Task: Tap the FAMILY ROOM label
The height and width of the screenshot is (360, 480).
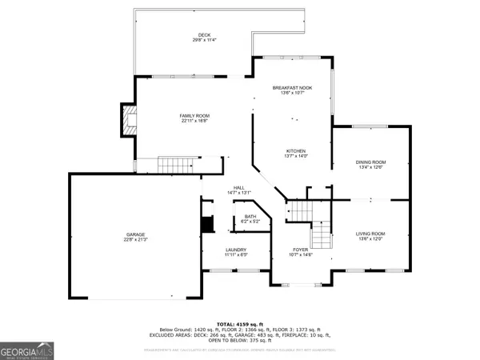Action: point(194,116)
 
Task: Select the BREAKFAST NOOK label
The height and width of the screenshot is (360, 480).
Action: point(292,87)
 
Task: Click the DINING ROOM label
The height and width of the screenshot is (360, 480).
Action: point(370,162)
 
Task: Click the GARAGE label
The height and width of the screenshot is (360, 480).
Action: point(134,234)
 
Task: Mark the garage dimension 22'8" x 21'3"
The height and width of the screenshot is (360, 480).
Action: point(134,240)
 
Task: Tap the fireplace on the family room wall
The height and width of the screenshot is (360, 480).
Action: point(127,119)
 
